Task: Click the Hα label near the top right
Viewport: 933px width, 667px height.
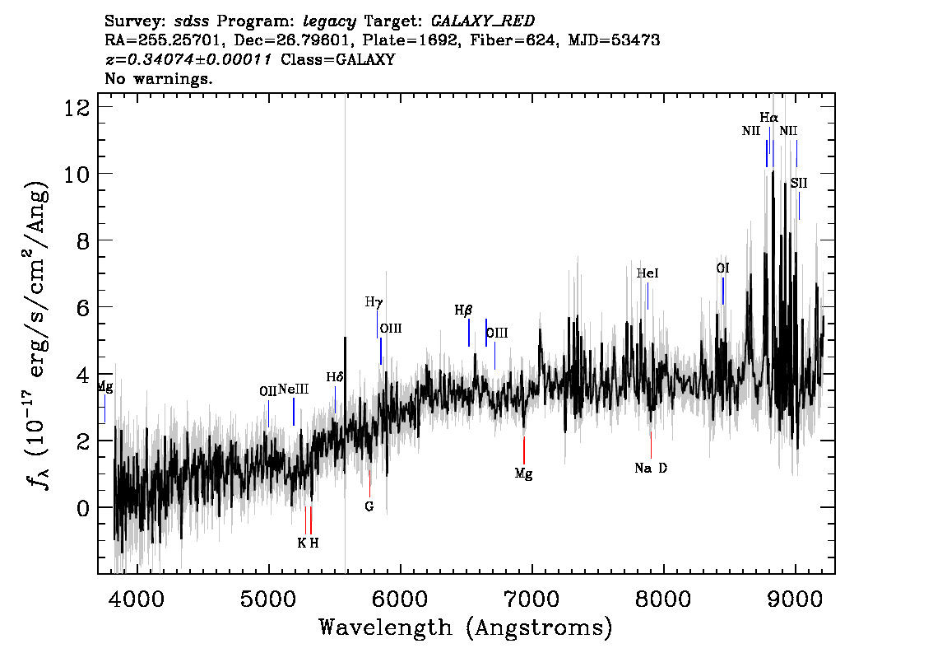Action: pyautogui.click(x=768, y=118)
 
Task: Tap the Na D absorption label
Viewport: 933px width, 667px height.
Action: pyautogui.click(x=651, y=469)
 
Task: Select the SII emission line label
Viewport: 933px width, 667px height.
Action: pyautogui.click(x=799, y=184)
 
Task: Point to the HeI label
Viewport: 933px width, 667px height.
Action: pyautogui.click(x=648, y=273)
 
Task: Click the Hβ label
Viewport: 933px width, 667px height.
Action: pyautogui.click(x=463, y=310)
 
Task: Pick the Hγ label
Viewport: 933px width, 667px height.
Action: pyautogui.click(x=374, y=302)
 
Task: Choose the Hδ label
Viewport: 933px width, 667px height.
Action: pyautogui.click(x=335, y=377)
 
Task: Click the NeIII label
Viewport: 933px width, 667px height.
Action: pyautogui.click(x=294, y=389)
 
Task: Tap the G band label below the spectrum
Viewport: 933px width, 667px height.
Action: pyautogui.click(x=369, y=506)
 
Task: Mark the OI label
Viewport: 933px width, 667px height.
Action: pyautogui.click(x=723, y=268)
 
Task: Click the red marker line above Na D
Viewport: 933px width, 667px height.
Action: pyautogui.click(x=651, y=445)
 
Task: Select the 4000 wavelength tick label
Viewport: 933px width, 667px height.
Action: pyautogui.click(x=137, y=599)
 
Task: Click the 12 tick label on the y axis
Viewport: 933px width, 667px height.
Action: pyautogui.click(x=77, y=108)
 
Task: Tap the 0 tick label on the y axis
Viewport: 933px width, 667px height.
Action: pyautogui.click(x=83, y=508)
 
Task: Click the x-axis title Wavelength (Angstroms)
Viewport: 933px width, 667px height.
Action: pyautogui.click(x=466, y=628)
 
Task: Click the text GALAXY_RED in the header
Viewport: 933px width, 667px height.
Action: pyautogui.click(x=483, y=21)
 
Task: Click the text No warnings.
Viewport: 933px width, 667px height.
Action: pyautogui.click(x=158, y=78)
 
